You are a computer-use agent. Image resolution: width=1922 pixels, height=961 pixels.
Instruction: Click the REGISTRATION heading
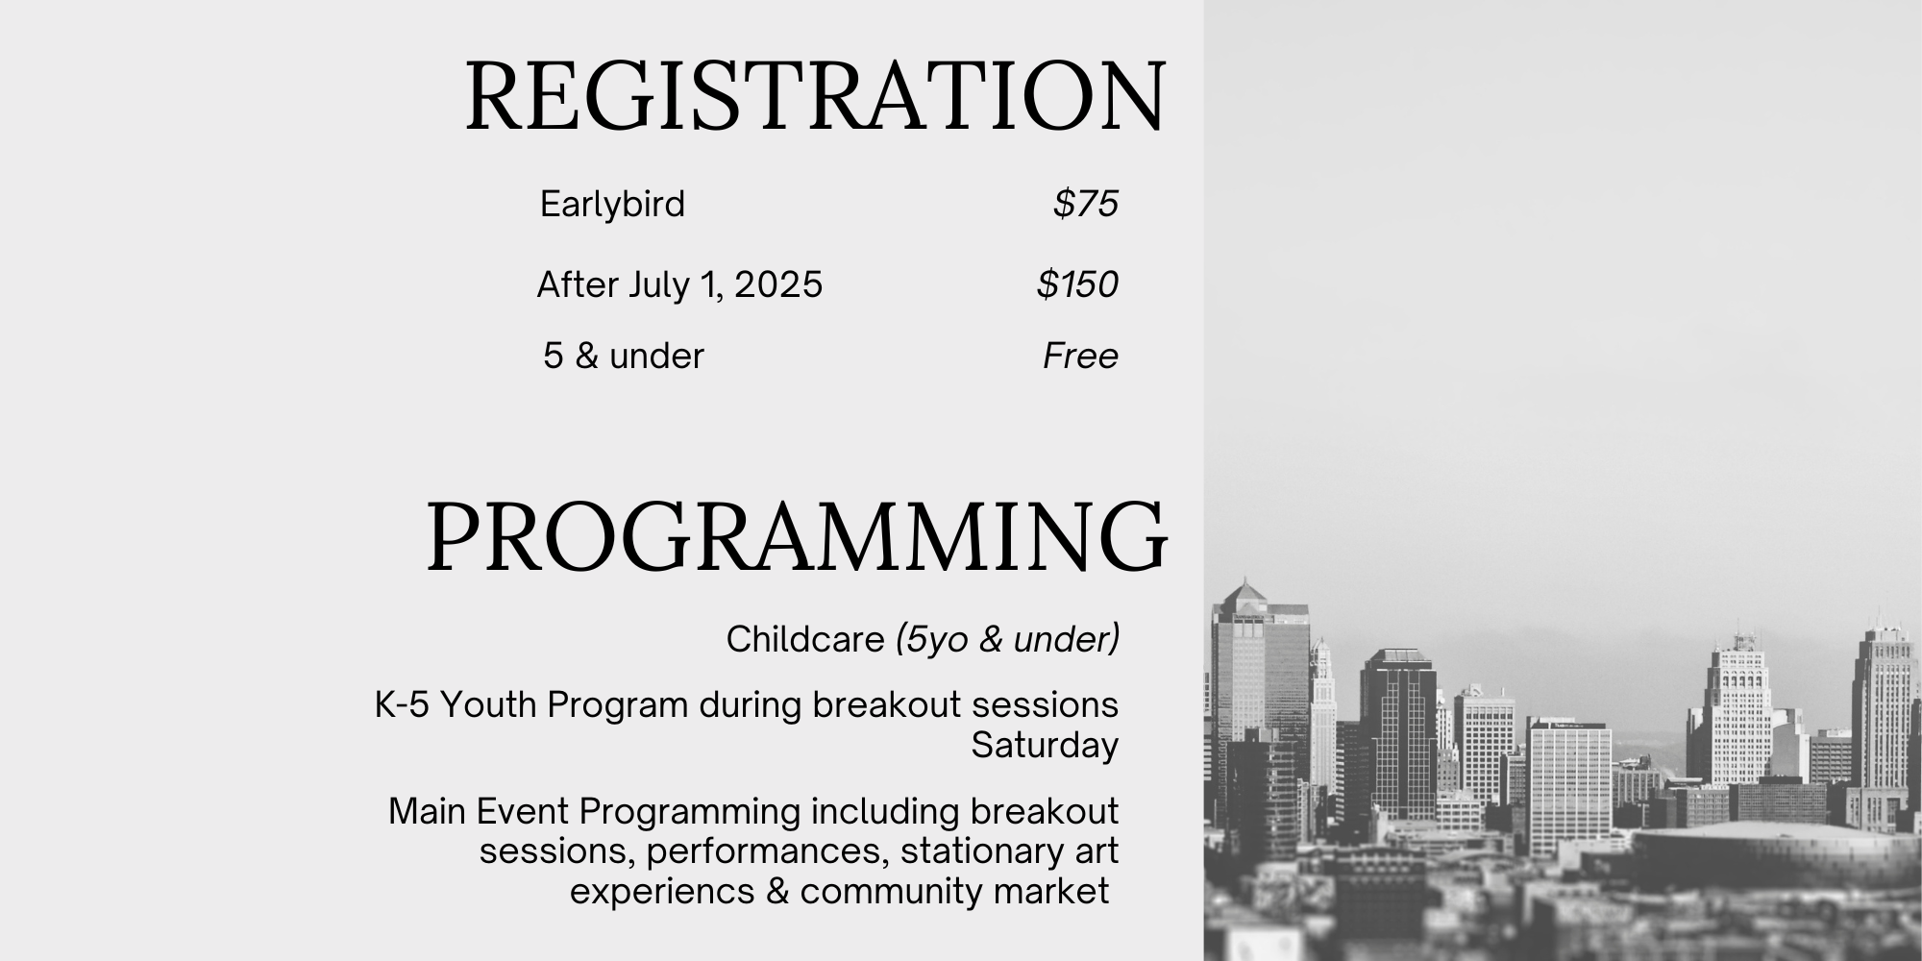tap(816, 95)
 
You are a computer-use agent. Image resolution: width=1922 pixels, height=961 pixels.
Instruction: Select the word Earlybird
tap(612, 205)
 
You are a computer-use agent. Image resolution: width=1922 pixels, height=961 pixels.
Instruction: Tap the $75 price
tap(1086, 204)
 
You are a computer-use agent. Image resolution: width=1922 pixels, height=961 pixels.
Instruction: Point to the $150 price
tap(1077, 284)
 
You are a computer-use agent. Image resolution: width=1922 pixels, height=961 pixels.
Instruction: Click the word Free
tap(1081, 356)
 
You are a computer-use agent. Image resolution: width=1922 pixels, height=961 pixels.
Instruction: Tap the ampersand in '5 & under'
tap(586, 356)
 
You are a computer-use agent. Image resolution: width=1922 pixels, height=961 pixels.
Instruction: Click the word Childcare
tap(805, 639)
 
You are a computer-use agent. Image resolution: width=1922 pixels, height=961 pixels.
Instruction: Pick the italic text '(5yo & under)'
tap(1007, 639)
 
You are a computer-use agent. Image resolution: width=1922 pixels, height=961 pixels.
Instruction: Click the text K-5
tap(402, 705)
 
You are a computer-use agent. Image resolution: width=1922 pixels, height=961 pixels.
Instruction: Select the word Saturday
tap(1045, 746)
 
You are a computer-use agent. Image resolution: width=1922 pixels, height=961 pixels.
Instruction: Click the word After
tap(577, 284)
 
